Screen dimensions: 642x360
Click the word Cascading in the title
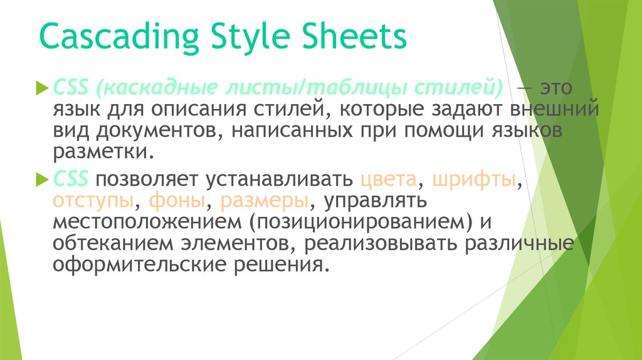[119, 38]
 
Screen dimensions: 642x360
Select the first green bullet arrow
[43, 88]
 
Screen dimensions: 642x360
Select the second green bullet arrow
[43, 179]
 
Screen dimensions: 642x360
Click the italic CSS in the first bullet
[70, 87]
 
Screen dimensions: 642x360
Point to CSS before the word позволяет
[70, 179]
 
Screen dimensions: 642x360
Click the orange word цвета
[389, 179]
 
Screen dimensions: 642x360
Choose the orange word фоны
[177, 201]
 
